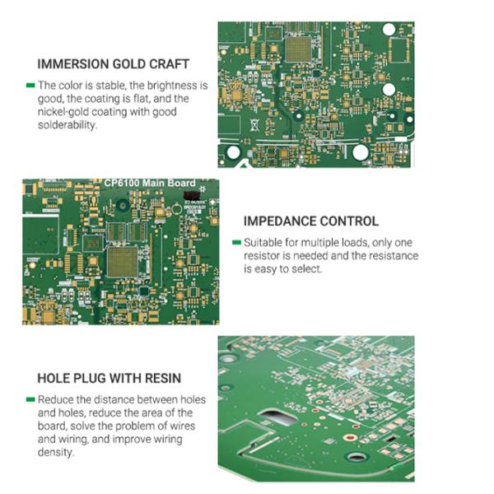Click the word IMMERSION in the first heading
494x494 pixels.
coord(73,64)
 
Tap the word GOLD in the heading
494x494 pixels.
coord(129,64)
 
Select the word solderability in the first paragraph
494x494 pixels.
coord(68,125)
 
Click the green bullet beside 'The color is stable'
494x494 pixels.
coord(30,85)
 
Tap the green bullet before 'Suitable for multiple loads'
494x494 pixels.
coord(236,242)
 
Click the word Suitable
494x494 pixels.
coord(263,243)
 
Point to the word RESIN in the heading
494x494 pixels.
coord(163,379)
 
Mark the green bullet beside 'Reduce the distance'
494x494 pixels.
coord(30,399)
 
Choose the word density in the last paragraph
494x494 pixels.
coord(55,452)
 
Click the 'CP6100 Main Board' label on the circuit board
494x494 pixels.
coord(150,183)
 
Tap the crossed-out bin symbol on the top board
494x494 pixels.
coord(254,125)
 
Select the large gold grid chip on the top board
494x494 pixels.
coord(298,49)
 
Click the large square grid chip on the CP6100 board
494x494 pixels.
coord(123,262)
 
